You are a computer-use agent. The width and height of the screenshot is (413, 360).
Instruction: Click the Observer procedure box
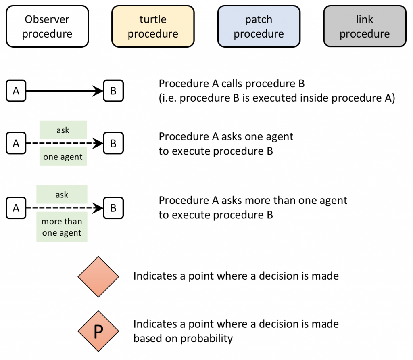coord(47,27)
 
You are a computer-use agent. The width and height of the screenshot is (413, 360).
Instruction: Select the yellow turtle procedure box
coord(153,27)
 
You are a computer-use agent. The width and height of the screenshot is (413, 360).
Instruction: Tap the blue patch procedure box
coord(259,27)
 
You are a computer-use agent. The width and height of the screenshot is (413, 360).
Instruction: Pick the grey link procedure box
coord(365,27)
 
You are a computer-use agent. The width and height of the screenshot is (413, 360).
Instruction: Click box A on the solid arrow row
coord(16,91)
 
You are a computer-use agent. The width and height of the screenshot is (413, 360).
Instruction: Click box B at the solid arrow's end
coord(113,91)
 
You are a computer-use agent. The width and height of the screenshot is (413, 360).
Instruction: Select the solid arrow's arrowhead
coord(98,91)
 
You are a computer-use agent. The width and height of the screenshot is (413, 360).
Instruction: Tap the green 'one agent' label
coord(63,157)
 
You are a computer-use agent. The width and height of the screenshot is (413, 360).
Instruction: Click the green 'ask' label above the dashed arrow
coord(63,130)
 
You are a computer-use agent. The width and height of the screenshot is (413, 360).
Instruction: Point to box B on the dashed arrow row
coord(113,144)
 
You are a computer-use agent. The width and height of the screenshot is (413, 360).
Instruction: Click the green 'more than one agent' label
coord(62,227)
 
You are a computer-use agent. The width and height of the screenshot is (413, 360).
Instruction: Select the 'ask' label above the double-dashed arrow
coord(62,195)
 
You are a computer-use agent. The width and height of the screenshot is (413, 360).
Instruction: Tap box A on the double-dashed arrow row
coord(16,208)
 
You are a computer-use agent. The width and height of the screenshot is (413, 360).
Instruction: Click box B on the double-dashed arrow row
coord(113,208)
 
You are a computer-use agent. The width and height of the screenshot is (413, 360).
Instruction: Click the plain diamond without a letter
coord(98,276)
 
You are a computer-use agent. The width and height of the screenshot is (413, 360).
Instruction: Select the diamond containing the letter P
coord(98,331)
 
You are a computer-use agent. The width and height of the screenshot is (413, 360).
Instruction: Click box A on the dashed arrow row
coord(16,144)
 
